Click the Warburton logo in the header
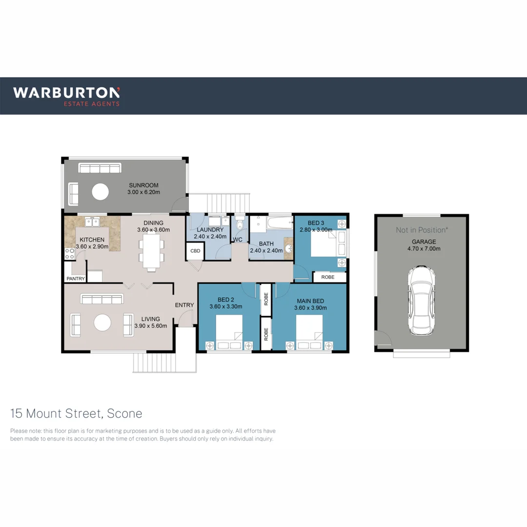[66, 96]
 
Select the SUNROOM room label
[144, 185]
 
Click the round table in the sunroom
[101, 191]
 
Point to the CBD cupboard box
[195, 251]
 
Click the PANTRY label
[75, 279]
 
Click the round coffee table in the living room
[102, 323]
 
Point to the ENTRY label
[184, 305]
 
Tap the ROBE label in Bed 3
[327, 277]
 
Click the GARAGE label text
[424, 242]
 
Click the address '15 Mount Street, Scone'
[77, 414]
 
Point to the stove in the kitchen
[69, 254]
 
